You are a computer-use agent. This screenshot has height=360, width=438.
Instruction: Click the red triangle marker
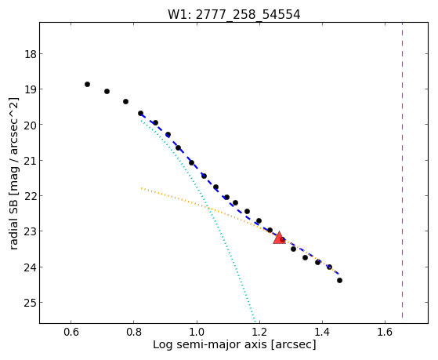click(x=279, y=238)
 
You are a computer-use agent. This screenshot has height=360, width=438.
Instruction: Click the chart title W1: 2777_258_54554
click(x=233, y=15)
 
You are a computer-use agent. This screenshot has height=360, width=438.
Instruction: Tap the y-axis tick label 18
click(x=30, y=54)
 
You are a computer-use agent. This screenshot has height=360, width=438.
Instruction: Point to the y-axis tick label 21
click(x=30, y=160)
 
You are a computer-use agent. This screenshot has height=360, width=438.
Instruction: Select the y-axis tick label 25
click(x=30, y=303)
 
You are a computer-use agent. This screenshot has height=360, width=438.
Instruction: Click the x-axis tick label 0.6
click(x=71, y=332)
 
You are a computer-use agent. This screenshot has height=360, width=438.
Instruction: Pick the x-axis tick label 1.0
click(x=197, y=332)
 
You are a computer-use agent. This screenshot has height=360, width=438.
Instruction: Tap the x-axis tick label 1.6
click(x=385, y=332)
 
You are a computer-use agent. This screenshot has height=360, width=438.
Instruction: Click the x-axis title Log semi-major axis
click(x=210, y=344)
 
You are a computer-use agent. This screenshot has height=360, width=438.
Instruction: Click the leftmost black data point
click(x=87, y=84)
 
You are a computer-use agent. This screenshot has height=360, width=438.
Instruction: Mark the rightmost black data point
click(x=339, y=280)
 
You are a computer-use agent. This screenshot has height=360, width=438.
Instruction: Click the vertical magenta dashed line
click(x=402, y=170)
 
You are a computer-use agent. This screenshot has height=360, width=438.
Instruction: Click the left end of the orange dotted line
click(x=141, y=188)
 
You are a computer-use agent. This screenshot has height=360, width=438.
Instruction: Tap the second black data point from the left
click(x=107, y=91)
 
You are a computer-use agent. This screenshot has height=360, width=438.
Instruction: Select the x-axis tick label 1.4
click(x=322, y=332)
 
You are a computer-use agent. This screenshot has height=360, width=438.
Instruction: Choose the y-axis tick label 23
click(x=30, y=231)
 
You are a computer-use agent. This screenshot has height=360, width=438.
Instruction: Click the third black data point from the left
click(x=125, y=101)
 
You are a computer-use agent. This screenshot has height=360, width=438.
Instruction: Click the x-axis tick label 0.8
click(x=134, y=332)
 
